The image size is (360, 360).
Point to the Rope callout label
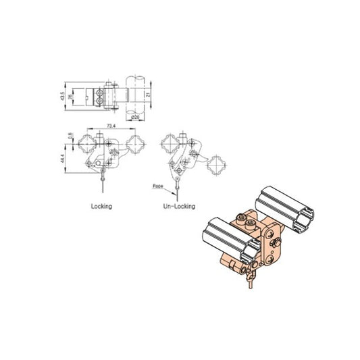click(159, 184)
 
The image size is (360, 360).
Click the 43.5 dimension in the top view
click(63, 98)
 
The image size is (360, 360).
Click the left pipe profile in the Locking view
click(88, 143)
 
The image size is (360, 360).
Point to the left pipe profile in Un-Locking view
click(166, 143)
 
